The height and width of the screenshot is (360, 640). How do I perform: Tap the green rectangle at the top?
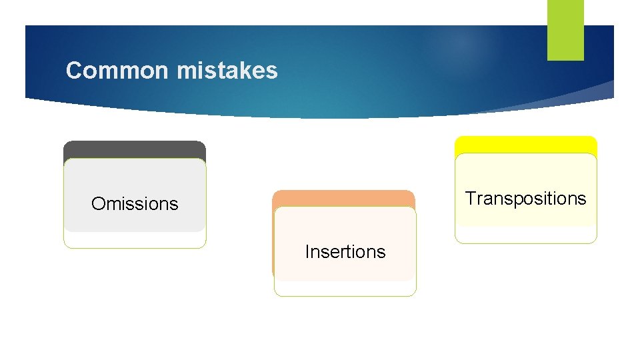pyautogui.click(x=565, y=29)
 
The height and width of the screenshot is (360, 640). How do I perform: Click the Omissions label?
pyautogui.click(x=135, y=203)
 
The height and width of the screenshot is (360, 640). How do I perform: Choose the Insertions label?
pyautogui.click(x=345, y=251)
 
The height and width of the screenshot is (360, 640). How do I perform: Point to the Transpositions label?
pyautogui.click(x=525, y=198)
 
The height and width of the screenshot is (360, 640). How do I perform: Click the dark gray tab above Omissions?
pyautogui.click(x=135, y=149)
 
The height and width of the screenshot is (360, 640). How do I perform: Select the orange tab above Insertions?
pyautogui.click(x=343, y=198)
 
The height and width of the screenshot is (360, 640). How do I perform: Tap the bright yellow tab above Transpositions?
pyautogui.click(x=525, y=145)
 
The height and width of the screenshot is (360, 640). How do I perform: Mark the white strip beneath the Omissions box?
pyautogui.click(x=135, y=240)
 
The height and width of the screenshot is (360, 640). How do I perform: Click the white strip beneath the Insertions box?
pyautogui.click(x=345, y=288)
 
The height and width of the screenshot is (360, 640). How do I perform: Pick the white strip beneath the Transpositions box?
pyautogui.click(x=525, y=235)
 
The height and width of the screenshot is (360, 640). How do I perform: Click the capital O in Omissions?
pyautogui.click(x=97, y=203)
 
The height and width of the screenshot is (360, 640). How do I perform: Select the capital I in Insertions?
pyautogui.click(x=307, y=251)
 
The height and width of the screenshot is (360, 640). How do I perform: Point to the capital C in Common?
pyautogui.click(x=73, y=70)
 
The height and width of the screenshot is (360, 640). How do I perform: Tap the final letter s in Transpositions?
pyautogui.click(x=583, y=199)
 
